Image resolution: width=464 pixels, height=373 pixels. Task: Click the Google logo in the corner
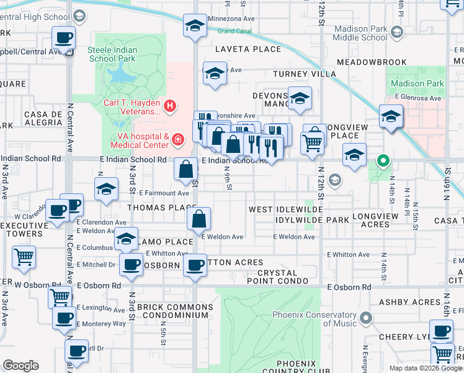[20, 366]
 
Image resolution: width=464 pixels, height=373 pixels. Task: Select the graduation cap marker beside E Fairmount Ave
[107, 188]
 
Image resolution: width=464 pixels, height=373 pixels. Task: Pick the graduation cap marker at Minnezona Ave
[195, 27]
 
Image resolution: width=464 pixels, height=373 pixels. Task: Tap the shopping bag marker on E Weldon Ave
[199, 219]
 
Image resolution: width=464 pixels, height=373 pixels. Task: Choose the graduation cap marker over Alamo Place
[127, 239]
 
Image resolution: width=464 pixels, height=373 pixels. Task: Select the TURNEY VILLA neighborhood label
[305, 74]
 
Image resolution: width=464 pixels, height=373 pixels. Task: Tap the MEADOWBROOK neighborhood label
[372, 62]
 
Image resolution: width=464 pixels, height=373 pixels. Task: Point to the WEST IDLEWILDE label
[286, 210]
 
